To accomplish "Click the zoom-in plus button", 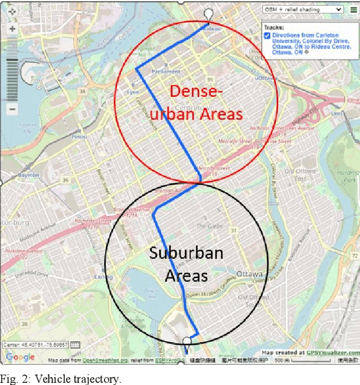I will tap(12, 28).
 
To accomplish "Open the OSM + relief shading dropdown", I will tap(303, 9).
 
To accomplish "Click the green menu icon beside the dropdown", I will tap(352, 10).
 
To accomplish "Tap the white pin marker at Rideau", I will tap(209, 14).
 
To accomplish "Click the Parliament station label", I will tap(166, 71).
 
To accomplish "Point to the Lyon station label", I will tap(134, 91).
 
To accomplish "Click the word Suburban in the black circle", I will tap(186, 253).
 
